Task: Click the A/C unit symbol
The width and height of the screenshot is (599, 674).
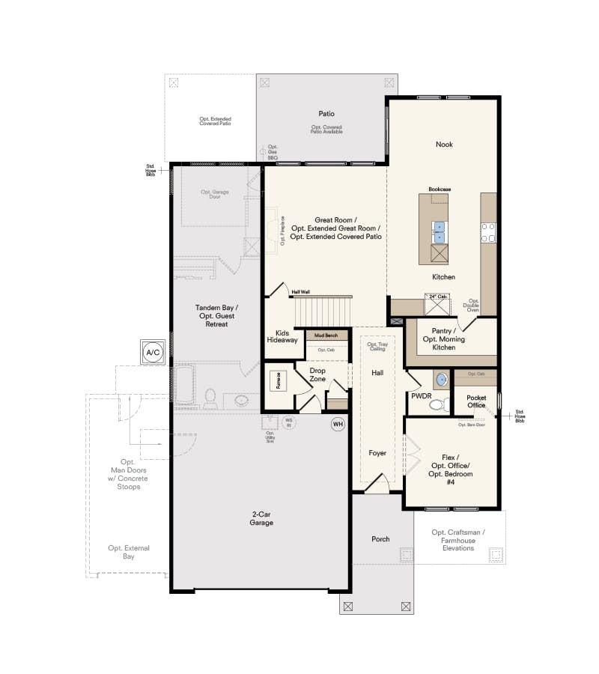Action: pyautogui.click(x=152, y=351)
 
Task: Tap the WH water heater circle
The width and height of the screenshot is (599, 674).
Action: pyautogui.click(x=338, y=425)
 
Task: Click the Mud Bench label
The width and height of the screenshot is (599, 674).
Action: pyautogui.click(x=326, y=336)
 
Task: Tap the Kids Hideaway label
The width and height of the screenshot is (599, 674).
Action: pyautogui.click(x=282, y=336)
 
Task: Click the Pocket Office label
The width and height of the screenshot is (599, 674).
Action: pyautogui.click(x=476, y=401)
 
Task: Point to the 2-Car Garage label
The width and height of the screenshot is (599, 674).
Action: pyautogui.click(x=262, y=518)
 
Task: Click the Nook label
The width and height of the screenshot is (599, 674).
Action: pyautogui.click(x=444, y=145)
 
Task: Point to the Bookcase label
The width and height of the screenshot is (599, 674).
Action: pyautogui.click(x=440, y=189)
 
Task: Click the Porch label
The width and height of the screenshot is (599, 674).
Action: pyautogui.click(x=380, y=539)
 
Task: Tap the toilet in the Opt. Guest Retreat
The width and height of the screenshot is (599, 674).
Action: pyautogui.click(x=210, y=395)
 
